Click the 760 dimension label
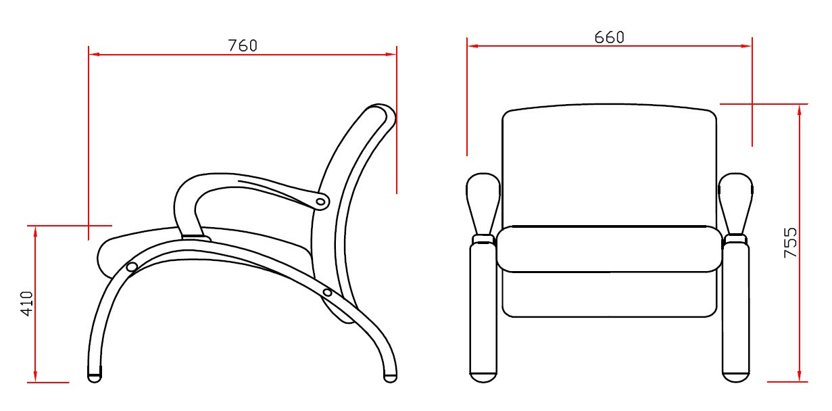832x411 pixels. [x=243, y=45]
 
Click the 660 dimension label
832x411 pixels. [x=609, y=37]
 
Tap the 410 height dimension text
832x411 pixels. [x=27, y=304]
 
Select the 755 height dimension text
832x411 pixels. [x=790, y=243]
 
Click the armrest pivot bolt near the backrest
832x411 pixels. [x=320, y=202]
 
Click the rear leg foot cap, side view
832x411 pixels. [x=390, y=378]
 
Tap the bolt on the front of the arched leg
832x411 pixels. [x=132, y=267]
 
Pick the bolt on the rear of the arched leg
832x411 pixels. [x=327, y=293]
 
